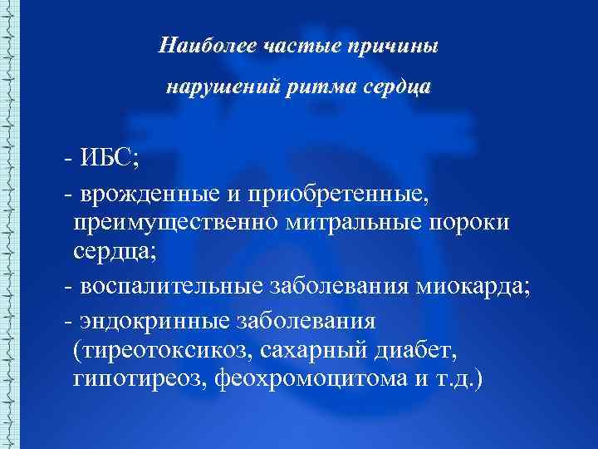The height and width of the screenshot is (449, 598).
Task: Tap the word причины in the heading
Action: click(x=394, y=46)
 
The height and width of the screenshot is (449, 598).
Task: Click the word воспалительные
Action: click(x=173, y=287)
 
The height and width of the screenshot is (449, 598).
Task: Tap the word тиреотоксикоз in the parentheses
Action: click(x=164, y=350)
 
